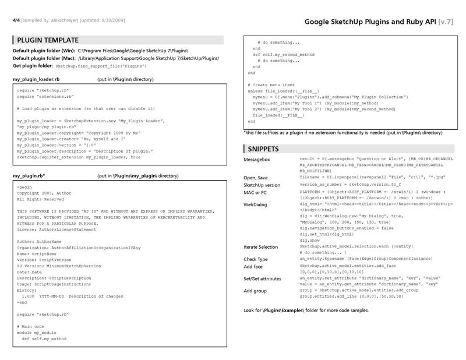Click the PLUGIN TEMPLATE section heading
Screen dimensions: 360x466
pos(48,40)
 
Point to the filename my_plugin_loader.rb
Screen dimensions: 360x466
pos(36,79)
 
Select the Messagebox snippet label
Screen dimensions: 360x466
pos(257,159)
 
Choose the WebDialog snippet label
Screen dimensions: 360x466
pos(255,205)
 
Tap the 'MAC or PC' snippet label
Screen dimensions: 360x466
pos(256,192)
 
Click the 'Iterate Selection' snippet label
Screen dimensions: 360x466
pos(261,247)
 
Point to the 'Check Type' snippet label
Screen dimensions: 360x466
pos(256,259)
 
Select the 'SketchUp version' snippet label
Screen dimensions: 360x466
pos(262,185)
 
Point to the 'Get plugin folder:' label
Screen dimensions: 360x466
pos(33,66)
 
